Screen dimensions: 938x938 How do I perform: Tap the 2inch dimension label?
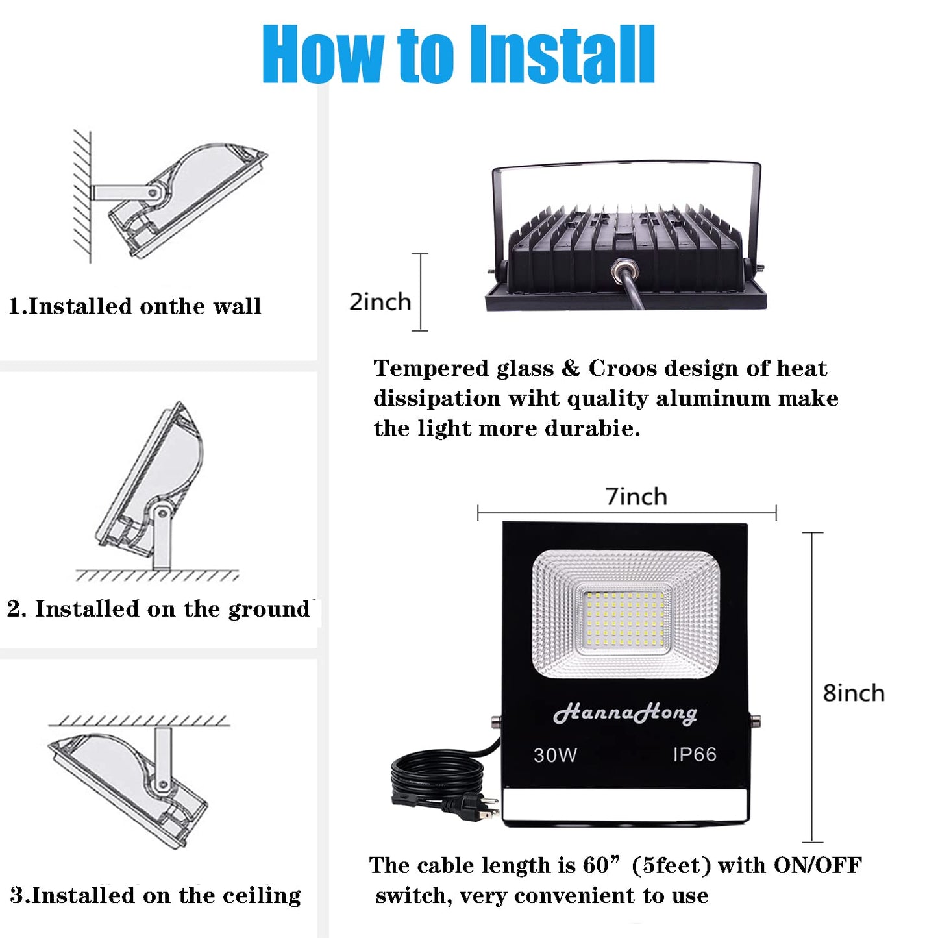[380, 302]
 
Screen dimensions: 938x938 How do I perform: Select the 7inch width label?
[636, 497]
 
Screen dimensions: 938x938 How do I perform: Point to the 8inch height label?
[853, 693]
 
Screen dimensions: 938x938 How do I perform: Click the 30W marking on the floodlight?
[555, 755]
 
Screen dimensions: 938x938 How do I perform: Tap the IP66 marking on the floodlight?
[694, 754]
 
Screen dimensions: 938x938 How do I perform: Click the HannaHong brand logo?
[624, 713]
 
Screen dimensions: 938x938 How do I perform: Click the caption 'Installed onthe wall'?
[135, 306]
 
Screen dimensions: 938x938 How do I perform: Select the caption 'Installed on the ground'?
[159, 609]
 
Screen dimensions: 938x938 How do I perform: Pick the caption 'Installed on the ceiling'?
[156, 895]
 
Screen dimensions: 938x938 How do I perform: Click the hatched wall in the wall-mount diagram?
[82, 195]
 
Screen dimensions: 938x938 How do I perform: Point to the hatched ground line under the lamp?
[156, 576]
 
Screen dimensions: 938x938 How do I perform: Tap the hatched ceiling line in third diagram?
[138, 721]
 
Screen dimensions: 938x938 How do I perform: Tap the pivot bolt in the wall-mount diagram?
[153, 193]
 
